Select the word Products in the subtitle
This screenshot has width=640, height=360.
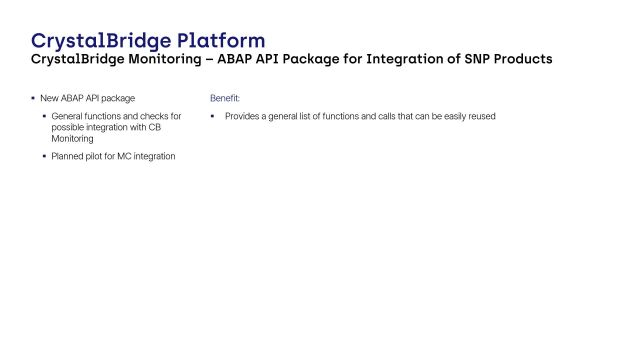522,60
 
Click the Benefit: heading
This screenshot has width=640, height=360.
225,98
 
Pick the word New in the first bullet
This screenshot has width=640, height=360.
49,98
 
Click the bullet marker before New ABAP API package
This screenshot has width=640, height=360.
33,98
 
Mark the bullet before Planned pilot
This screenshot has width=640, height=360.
44,156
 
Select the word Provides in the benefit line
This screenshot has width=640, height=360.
243,117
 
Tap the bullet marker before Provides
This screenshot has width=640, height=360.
213,117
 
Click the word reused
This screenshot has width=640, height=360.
482,117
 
